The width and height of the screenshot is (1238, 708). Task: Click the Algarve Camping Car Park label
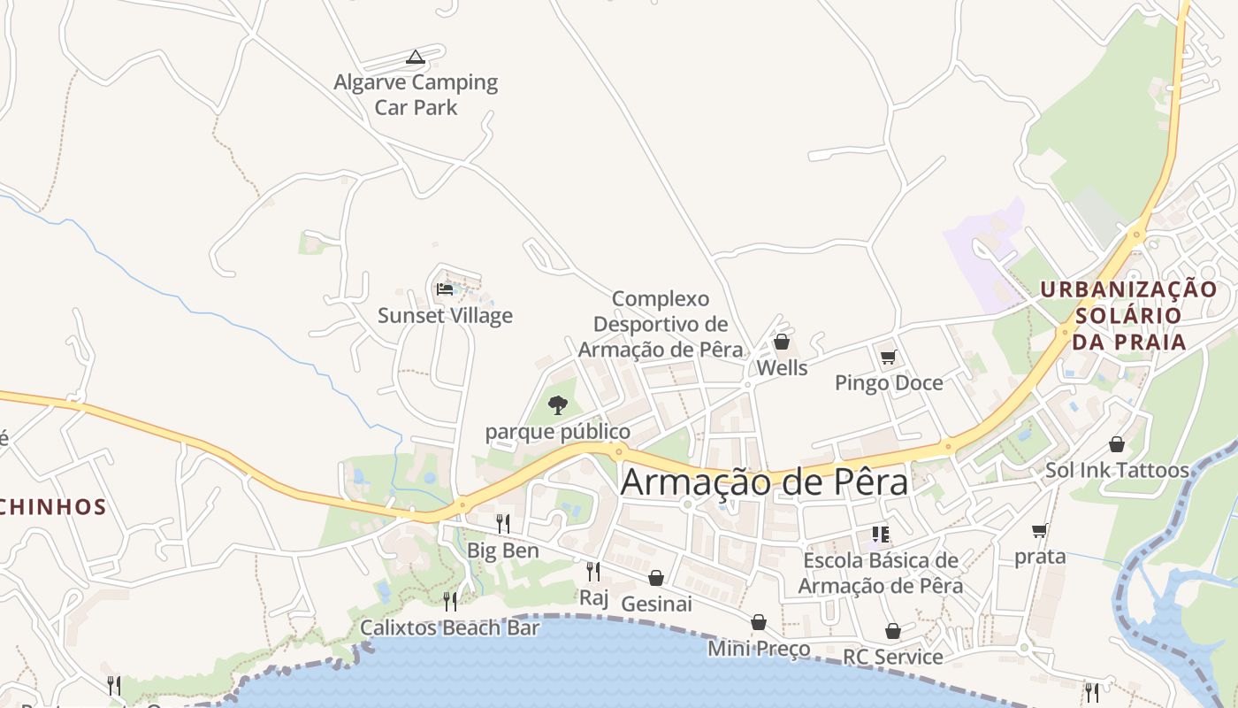tap(416, 95)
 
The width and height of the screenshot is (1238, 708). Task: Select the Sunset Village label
tap(445, 316)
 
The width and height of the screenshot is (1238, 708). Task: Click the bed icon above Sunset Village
tap(445, 289)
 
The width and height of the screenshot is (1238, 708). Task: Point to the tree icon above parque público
tap(557, 405)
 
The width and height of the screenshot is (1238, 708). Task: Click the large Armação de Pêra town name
tap(764, 482)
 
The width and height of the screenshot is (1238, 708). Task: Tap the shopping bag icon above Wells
tap(782, 341)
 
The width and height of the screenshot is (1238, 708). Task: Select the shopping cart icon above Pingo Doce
tap(889, 357)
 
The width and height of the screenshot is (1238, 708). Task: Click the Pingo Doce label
tap(889, 383)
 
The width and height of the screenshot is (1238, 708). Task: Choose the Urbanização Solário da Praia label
tap(1128, 315)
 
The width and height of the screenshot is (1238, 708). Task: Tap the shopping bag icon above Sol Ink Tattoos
tap(1117, 443)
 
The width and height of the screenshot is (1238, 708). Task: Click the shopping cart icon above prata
tap(1040, 531)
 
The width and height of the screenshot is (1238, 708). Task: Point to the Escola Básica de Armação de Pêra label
tap(881, 573)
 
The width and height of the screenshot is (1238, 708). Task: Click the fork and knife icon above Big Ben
tap(502, 523)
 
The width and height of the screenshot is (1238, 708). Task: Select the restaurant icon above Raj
tap(593, 571)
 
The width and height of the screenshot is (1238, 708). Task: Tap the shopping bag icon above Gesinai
tap(656, 578)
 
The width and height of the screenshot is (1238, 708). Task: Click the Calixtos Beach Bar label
tap(449, 628)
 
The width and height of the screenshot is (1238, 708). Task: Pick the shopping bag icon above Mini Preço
tap(759, 622)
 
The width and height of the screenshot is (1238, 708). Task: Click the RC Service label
tap(893, 657)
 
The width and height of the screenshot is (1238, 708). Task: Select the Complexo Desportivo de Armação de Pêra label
tap(661, 324)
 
